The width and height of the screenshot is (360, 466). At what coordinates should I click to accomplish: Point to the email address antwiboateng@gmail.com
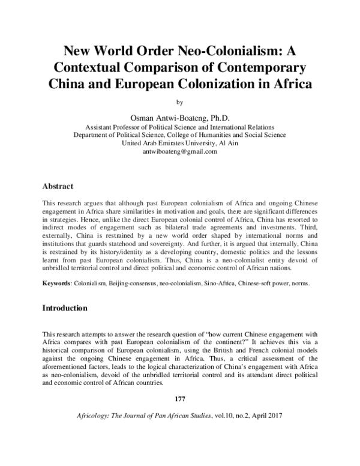click(x=179, y=152)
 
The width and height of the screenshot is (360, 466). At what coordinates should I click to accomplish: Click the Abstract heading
click(x=58, y=187)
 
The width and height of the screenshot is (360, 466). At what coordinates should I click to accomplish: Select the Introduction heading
click(x=65, y=308)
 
